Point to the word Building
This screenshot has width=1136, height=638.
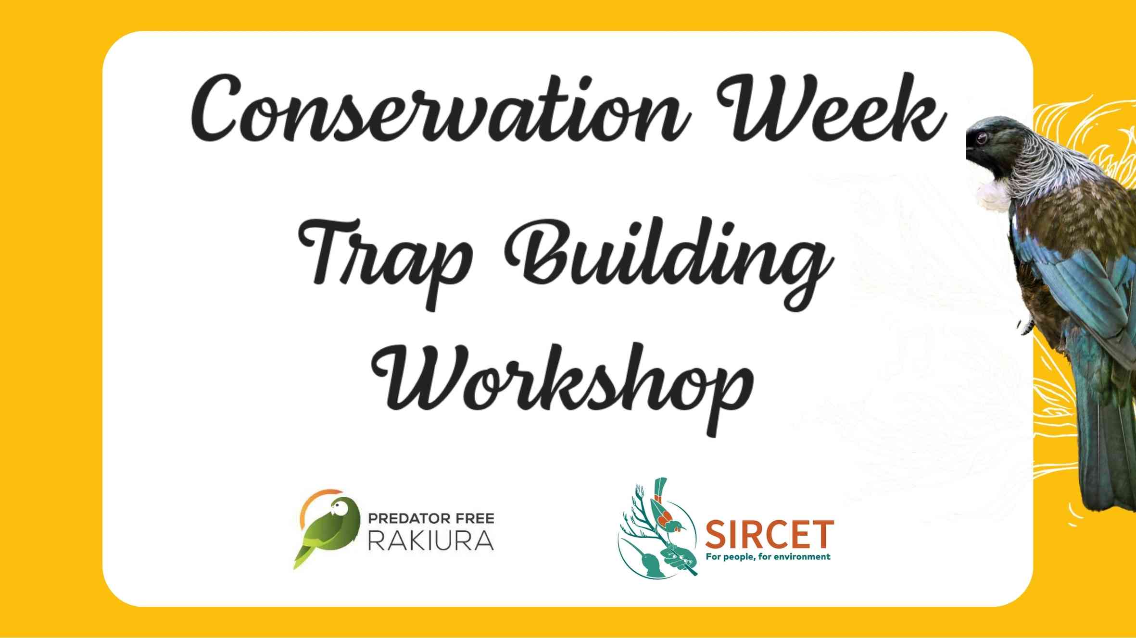[669, 262]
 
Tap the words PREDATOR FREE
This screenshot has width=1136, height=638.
[431, 519]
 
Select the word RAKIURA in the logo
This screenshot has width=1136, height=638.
[431, 540]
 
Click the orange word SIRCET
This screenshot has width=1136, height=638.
[769, 534]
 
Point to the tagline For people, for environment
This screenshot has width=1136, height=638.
[768, 557]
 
